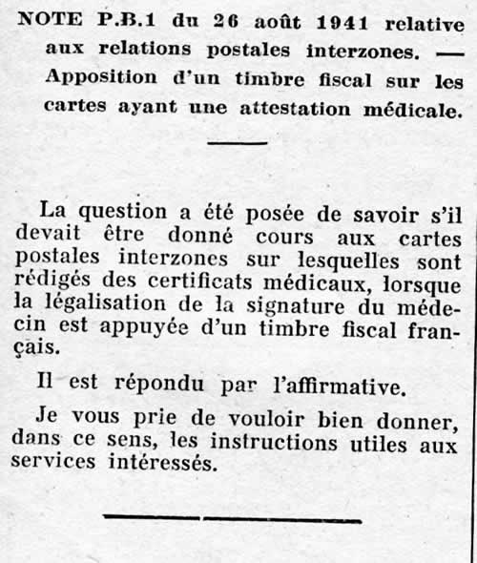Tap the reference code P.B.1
[121, 19]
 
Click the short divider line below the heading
[238, 143]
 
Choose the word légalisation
[116, 309]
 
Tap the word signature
[307, 309]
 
